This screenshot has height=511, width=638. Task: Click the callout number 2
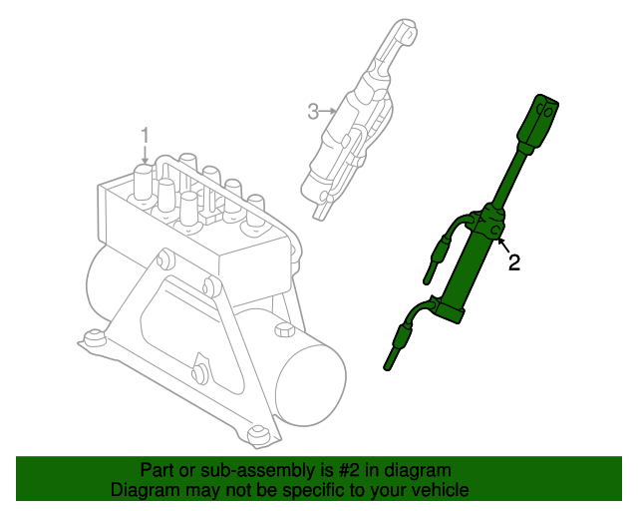point(514,262)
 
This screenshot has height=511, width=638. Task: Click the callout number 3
point(313,112)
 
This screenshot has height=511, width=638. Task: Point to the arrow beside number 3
point(328,111)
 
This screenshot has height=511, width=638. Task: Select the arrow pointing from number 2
point(502,246)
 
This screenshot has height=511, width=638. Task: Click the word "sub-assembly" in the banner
point(257,471)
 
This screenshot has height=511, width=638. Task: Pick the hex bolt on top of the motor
point(284,329)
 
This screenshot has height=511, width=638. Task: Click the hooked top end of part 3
point(405,32)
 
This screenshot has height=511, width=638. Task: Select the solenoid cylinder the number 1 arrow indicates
point(144,182)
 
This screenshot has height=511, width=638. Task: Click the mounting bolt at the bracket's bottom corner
point(257,435)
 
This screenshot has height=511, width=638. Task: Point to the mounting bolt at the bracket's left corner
point(93,339)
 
